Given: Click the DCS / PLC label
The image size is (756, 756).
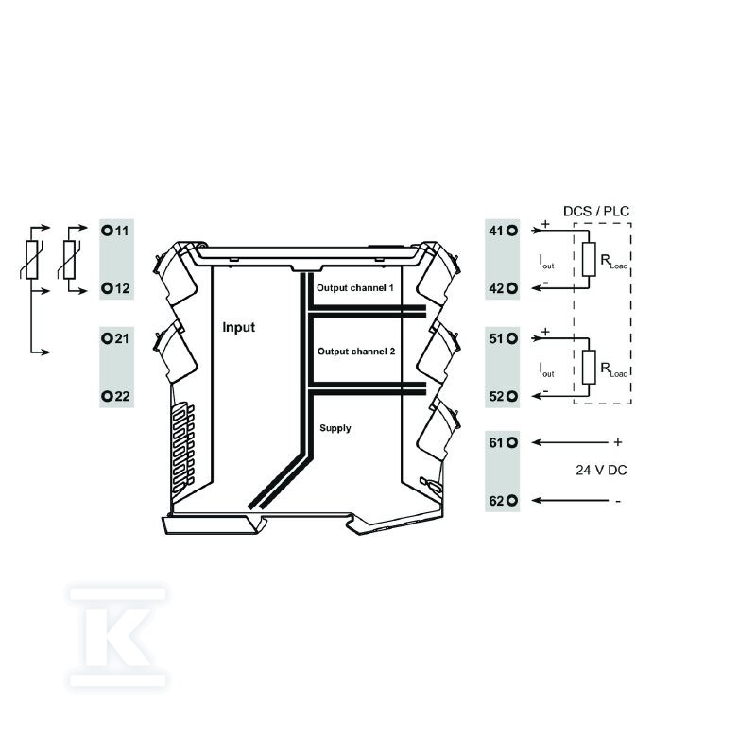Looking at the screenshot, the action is click(596, 211).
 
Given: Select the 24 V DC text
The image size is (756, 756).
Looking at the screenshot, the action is click(601, 470).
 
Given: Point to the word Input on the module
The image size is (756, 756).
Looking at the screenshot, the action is click(239, 327).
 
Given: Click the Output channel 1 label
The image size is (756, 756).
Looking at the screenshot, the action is click(355, 288).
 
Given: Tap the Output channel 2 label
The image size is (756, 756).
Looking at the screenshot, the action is click(356, 352).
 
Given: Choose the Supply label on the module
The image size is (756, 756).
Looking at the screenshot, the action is click(335, 428).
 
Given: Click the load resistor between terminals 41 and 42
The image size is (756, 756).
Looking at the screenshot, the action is click(589, 259).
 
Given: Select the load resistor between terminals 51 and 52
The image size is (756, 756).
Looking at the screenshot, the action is click(589, 368).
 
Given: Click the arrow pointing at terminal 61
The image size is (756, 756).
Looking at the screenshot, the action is click(570, 442).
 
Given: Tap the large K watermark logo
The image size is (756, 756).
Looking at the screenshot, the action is click(118, 637).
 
